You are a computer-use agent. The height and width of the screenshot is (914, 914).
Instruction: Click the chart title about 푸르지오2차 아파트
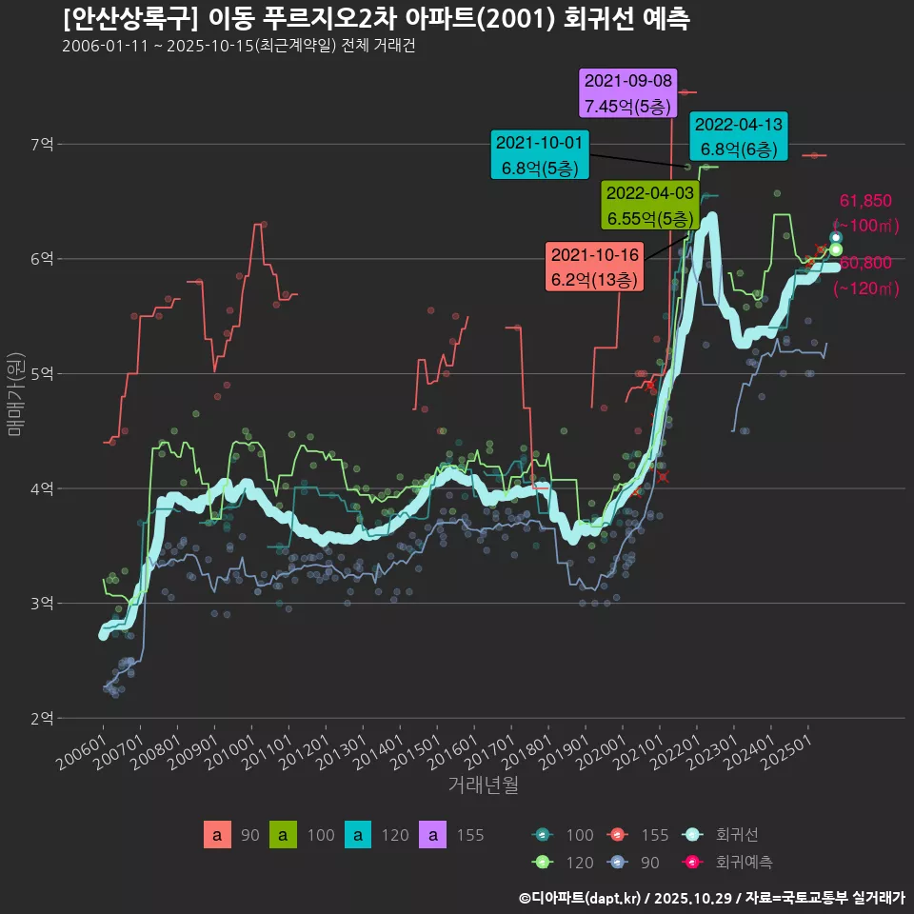pos(376,18)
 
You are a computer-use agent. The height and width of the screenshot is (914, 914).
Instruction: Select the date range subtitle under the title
pos(238,47)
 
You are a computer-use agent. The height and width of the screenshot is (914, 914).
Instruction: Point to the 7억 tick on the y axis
pos(43,145)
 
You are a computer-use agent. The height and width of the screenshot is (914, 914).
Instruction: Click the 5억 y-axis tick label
pos(43,374)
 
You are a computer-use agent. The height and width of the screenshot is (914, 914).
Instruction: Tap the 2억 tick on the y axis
pos(43,718)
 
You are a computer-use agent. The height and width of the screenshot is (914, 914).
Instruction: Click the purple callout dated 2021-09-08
pos(628,92)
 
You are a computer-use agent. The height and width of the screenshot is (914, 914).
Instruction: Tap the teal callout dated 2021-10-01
pos(539,155)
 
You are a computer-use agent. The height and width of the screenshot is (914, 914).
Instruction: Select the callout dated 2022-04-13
pos(739,136)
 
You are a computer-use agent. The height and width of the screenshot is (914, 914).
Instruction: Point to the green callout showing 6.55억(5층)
pos(651,206)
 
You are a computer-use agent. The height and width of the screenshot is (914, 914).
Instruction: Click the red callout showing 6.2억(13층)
pos(594,268)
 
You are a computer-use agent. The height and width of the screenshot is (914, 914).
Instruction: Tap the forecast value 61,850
pos(865,201)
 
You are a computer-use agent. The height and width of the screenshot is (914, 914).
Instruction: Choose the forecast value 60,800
pos(865,263)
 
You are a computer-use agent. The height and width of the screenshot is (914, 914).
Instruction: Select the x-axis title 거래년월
pos(483,785)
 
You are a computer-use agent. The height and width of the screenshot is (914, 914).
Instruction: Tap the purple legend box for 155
pos(433,835)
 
